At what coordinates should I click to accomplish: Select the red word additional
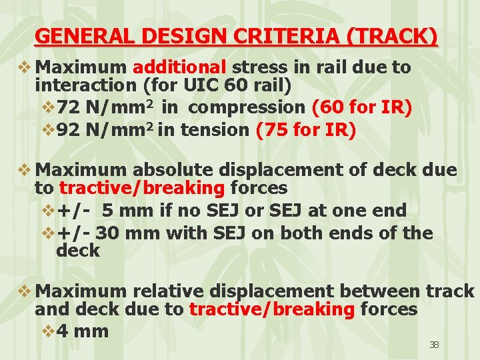click(x=180, y=67)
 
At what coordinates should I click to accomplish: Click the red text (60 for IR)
click(x=361, y=107)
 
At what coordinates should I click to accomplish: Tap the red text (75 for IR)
click(x=306, y=130)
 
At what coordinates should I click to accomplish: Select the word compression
click(x=247, y=107)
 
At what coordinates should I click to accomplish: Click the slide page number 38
click(x=434, y=345)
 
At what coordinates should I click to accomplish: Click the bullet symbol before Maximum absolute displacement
click(x=25, y=170)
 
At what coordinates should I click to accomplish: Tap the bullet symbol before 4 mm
click(x=48, y=331)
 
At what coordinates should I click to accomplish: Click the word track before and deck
click(x=449, y=291)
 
